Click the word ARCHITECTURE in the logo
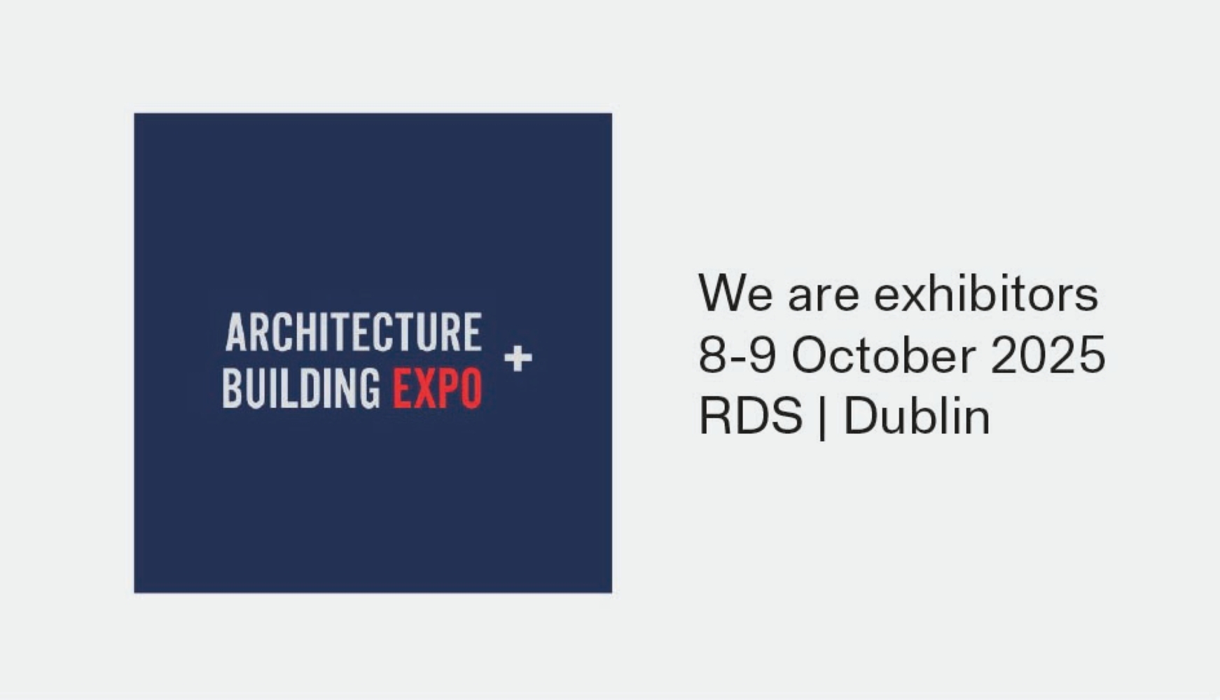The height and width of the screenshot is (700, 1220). (x=354, y=332)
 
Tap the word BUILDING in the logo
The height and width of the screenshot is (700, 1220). (x=301, y=388)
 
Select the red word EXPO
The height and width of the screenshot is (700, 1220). (x=438, y=388)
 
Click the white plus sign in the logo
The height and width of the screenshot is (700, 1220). (x=518, y=358)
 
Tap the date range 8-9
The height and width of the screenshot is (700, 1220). (x=737, y=355)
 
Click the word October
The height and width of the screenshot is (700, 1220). (x=884, y=354)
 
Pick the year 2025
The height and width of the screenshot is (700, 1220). (x=1048, y=355)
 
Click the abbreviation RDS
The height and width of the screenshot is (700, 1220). (x=751, y=416)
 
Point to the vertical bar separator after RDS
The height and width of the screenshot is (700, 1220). (x=822, y=418)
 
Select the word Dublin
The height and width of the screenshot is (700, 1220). (x=917, y=416)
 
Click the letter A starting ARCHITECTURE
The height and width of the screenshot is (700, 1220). (x=237, y=332)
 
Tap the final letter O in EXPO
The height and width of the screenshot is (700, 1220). (x=472, y=388)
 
